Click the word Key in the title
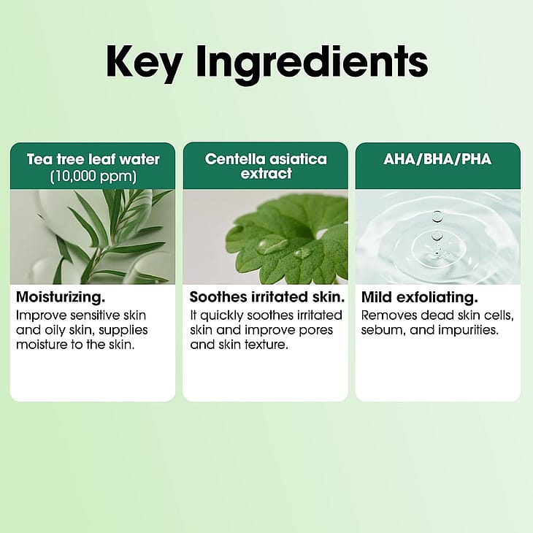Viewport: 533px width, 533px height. [143, 63]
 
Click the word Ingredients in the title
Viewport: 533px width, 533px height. [312, 64]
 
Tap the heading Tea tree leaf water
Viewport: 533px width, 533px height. [93, 159]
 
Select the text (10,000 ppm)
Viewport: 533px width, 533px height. [93, 177]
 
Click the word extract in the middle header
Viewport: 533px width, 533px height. [266, 173]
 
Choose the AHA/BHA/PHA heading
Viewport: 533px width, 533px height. [437, 159]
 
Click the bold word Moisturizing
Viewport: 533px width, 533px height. [61, 297]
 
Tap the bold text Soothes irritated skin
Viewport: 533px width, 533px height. [267, 297]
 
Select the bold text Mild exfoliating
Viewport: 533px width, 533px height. [420, 297]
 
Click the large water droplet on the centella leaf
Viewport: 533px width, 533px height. [272, 244]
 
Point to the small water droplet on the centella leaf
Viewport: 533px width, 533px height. [302, 253]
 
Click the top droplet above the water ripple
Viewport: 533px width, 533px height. [437, 217]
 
